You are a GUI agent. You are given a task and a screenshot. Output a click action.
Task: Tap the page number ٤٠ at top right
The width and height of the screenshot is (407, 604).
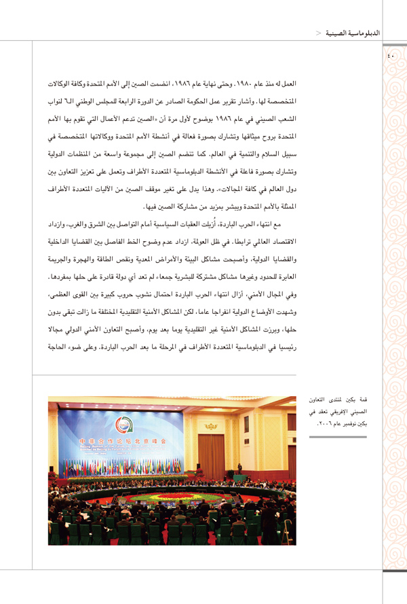(390, 56)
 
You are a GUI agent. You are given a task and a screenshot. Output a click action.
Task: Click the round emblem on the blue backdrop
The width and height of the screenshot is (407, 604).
(123, 425)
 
